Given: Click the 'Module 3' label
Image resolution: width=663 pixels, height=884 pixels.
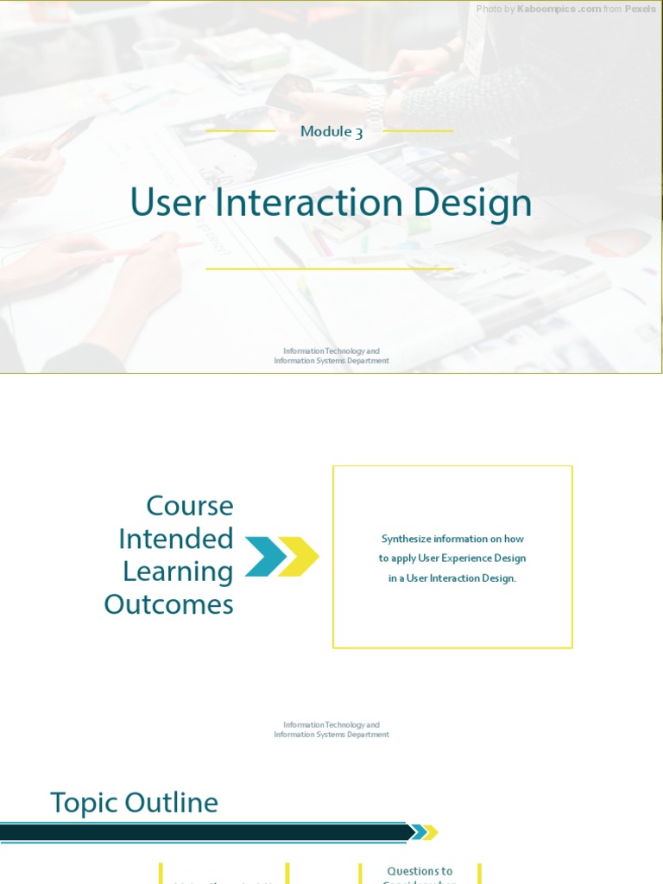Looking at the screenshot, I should point(331,131).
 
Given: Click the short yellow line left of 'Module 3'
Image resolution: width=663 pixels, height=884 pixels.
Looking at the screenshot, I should point(241,131).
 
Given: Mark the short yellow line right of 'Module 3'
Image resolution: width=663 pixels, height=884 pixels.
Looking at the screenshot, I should point(418,131).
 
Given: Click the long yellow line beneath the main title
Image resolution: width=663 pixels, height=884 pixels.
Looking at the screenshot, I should point(330,268).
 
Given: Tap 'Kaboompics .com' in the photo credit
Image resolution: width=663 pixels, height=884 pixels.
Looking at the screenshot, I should point(559,9).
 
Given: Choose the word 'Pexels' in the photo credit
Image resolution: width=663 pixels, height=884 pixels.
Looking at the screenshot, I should point(641,9).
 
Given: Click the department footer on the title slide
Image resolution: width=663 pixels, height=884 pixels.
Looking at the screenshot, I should point(331,356).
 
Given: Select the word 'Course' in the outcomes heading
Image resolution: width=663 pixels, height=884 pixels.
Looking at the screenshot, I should point(190,505).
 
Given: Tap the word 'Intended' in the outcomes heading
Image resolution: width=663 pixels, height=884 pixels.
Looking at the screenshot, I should point(176,539).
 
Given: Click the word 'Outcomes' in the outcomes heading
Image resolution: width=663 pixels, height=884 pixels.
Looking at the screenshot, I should point(169,604).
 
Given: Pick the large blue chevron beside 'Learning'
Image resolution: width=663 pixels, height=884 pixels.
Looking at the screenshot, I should point(265,556).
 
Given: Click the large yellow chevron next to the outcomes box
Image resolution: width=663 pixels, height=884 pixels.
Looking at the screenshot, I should point(299,556).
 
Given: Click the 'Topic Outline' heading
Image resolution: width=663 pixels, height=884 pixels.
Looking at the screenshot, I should point(135,803).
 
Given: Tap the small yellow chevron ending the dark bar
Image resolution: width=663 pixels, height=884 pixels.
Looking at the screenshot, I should point(430,832).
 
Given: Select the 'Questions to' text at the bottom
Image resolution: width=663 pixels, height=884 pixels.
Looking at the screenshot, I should point(420,871).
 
